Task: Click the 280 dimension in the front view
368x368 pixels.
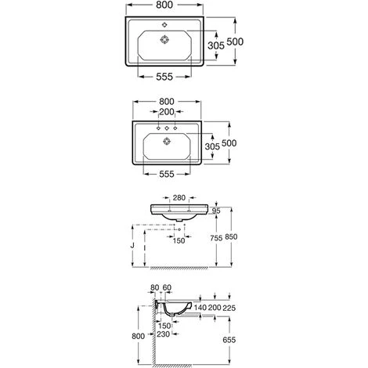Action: [x=179, y=197]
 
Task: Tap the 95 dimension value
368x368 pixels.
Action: [x=216, y=211]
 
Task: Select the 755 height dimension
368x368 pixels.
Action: [x=216, y=238]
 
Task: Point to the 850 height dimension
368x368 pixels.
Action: [x=231, y=236]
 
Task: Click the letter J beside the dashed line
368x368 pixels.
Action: [x=132, y=246]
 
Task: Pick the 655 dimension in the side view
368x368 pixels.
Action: [x=229, y=340]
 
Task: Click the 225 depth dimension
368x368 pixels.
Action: [x=229, y=308]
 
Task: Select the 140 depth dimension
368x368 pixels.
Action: [x=200, y=308]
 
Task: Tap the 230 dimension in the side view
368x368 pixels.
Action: [x=163, y=334]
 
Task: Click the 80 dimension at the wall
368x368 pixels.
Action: [x=155, y=287]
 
